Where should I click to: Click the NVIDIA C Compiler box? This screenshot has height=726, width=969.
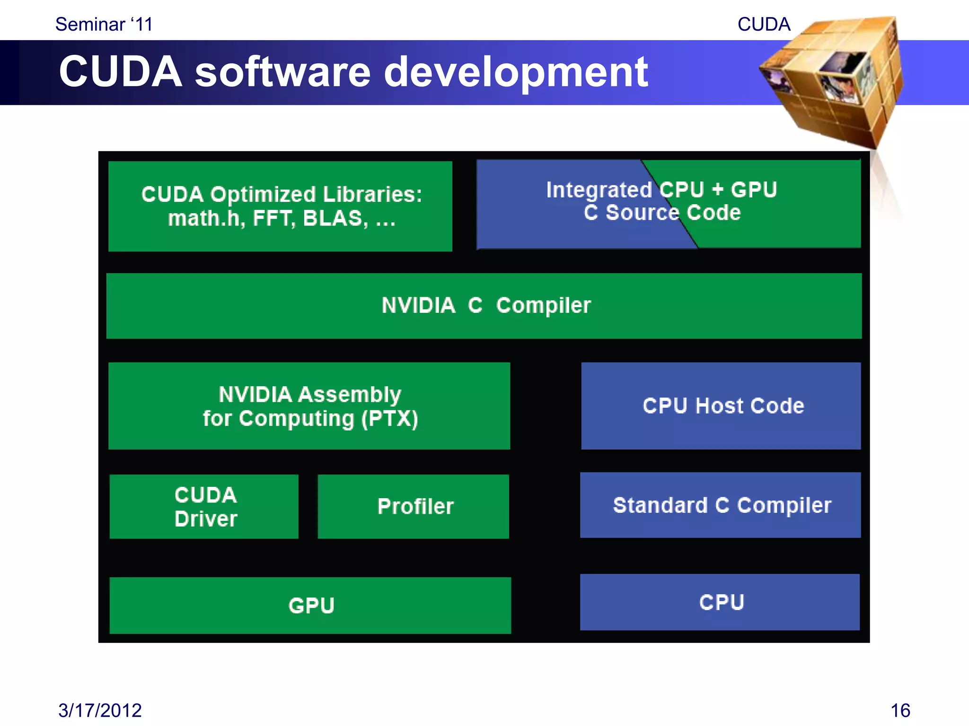coord(484,306)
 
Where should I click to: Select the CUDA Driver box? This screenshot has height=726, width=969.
coord(204,507)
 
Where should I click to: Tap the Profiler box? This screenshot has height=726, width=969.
coord(414,507)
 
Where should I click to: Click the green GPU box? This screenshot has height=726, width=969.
coord(310,605)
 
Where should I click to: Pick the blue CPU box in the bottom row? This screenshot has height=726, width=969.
coord(720,602)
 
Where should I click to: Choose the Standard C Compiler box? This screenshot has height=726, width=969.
coord(721,505)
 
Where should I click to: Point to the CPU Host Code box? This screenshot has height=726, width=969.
coord(721,406)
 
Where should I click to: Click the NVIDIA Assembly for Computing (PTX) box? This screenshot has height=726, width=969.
coord(309,406)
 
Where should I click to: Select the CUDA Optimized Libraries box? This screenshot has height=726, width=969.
coord(280,207)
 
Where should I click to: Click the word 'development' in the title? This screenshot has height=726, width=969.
coord(516,72)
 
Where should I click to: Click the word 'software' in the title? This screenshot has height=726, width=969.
coord(282,72)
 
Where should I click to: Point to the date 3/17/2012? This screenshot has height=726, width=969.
coord(100,710)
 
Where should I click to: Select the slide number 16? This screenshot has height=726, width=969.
coord(900,710)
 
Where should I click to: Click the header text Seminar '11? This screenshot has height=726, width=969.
coord(104,24)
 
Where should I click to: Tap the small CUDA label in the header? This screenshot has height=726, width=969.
coord(764,24)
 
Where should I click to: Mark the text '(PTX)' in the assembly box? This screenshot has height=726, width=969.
coord(389,419)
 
